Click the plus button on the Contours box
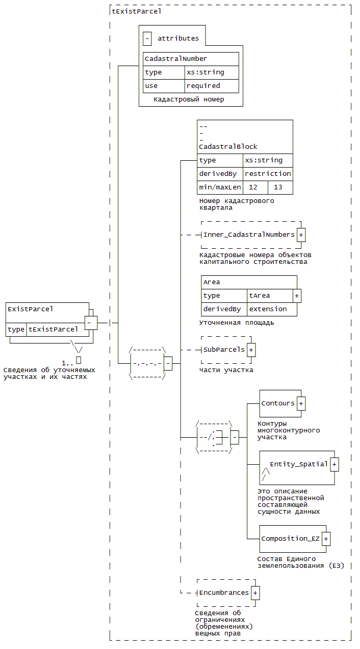click(x=301, y=403)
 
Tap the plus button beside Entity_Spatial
click(x=334, y=464)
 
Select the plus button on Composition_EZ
click(x=326, y=539)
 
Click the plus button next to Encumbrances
click(x=255, y=593)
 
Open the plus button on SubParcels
click(x=251, y=350)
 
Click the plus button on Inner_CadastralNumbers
click(x=301, y=235)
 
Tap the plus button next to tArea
click(x=297, y=296)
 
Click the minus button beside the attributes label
click(x=147, y=39)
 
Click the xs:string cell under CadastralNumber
click(x=212, y=72)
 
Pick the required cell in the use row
click(x=212, y=86)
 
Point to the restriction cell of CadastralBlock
click(x=268, y=173)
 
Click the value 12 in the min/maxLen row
click(x=253, y=187)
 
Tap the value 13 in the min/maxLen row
click(x=278, y=187)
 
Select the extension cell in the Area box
click(x=272, y=309)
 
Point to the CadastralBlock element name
click(x=228, y=147)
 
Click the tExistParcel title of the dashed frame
click(x=136, y=11)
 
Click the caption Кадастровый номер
click(x=189, y=99)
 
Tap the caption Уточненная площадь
click(x=236, y=323)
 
